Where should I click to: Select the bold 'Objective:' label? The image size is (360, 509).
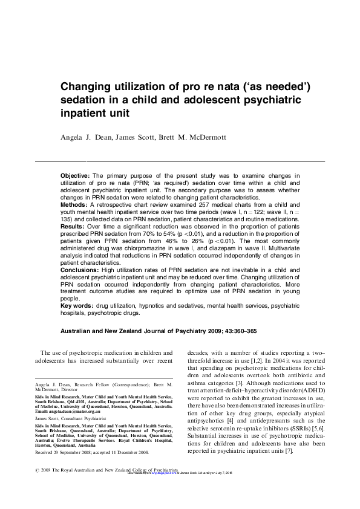coord(75,175)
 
